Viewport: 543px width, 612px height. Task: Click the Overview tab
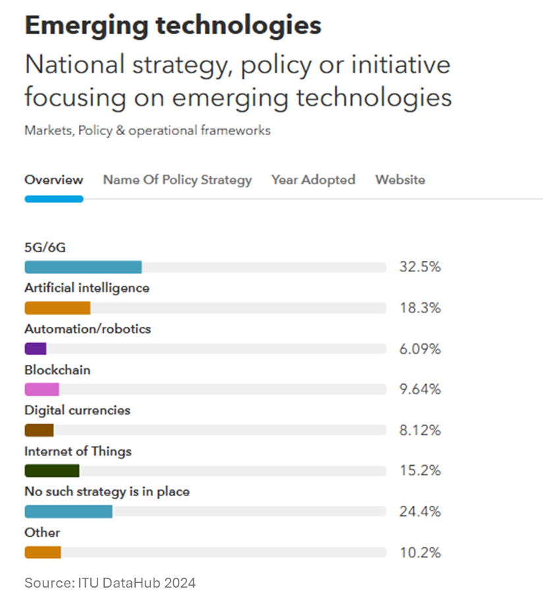(x=54, y=180)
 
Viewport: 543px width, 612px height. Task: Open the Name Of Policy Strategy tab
(x=177, y=180)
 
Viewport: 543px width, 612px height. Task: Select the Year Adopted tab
(x=313, y=180)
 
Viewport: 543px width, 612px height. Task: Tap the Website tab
(x=400, y=180)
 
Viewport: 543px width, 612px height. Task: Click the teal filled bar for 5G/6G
(x=83, y=267)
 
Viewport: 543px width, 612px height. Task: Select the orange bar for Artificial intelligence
(x=57, y=308)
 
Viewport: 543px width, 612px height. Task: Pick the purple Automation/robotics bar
(x=36, y=348)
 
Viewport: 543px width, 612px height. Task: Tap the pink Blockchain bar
(x=42, y=389)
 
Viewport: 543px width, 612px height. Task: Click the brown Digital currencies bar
(x=39, y=430)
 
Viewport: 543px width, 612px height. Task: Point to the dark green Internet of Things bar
(x=52, y=470)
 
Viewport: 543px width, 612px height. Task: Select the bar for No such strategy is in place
(x=69, y=511)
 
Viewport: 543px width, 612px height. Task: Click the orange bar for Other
(x=43, y=552)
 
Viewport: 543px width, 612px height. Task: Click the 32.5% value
(x=420, y=267)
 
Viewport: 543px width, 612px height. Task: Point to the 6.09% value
(x=420, y=348)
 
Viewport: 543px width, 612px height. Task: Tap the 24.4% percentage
(x=420, y=511)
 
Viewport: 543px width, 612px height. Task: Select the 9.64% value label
(x=420, y=389)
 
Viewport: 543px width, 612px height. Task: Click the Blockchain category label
(x=57, y=370)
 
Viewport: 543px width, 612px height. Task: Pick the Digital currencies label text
(x=77, y=410)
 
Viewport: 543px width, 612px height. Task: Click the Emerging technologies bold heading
(x=173, y=25)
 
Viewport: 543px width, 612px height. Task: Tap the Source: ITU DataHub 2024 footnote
(x=110, y=583)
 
